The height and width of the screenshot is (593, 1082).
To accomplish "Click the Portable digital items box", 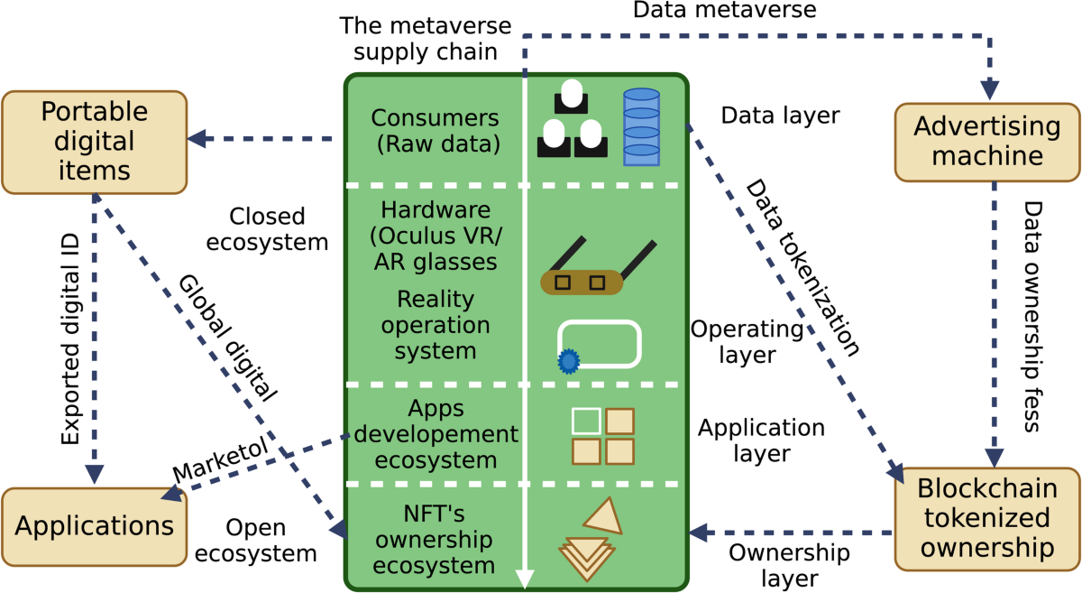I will point(94,141).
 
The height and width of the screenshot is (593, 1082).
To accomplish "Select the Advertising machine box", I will point(987,142).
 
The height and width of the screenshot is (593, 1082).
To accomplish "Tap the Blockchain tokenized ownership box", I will point(987,518).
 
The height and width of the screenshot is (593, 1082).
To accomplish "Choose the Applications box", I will point(94,525).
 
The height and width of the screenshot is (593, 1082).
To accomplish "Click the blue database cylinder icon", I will point(642,126).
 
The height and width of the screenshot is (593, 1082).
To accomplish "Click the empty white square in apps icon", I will point(585,421).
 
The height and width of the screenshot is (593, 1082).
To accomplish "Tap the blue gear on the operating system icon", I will point(568,361).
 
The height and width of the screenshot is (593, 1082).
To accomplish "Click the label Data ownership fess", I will point(1032,316).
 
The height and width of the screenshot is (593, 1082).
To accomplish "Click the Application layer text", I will point(748,440).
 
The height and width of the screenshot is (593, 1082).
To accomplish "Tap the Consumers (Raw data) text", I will point(435,131).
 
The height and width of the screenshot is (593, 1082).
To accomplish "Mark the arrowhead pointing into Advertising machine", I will point(990,90).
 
